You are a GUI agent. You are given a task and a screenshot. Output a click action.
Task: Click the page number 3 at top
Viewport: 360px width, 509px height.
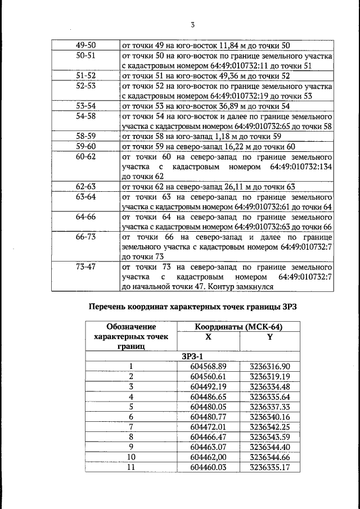[x=192, y=24]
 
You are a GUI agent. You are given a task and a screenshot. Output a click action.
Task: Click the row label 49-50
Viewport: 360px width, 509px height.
[x=86, y=45]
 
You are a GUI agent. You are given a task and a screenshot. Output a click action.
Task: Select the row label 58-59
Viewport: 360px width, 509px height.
[x=86, y=137]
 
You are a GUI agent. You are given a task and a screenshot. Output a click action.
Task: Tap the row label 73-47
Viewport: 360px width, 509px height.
[x=86, y=267]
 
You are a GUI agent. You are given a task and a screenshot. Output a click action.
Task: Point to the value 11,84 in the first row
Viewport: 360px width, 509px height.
[x=223, y=45]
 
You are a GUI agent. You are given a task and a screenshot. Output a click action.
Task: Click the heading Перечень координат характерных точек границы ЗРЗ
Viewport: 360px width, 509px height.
[x=192, y=307]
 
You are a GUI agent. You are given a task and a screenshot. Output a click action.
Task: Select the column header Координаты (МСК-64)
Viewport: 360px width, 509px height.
[x=238, y=326]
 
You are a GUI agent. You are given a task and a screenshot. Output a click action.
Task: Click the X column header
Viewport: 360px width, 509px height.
[x=208, y=336]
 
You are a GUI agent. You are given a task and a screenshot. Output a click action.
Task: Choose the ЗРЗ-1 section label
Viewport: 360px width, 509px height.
[x=192, y=356]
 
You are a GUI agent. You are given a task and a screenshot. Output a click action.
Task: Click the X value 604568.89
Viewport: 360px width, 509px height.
[x=208, y=367]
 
